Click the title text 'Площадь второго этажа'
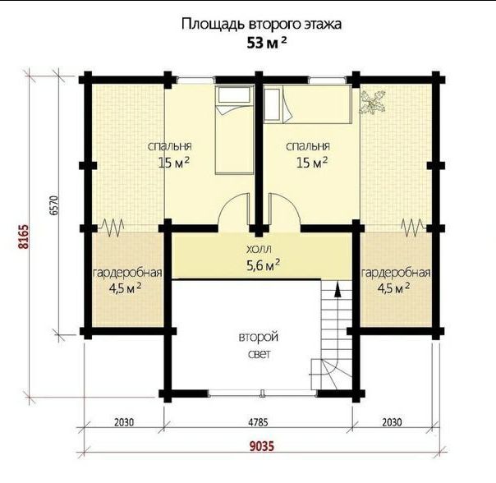click(261, 25)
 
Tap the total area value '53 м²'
click(267, 43)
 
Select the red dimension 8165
click(24, 237)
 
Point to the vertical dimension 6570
click(54, 205)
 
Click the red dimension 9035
click(262, 446)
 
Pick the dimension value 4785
click(258, 422)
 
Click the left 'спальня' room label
click(170, 146)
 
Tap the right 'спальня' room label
click(308, 146)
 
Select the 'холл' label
click(259, 250)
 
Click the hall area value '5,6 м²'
click(263, 265)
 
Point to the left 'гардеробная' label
click(127, 273)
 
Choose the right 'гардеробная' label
click(396, 273)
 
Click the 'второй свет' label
click(259, 345)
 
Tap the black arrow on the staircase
click(338, 290)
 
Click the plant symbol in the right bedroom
click(373, 102)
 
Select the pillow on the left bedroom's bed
click(234, 94)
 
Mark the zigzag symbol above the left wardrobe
click(112, 228)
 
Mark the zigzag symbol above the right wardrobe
click(413, 228)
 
